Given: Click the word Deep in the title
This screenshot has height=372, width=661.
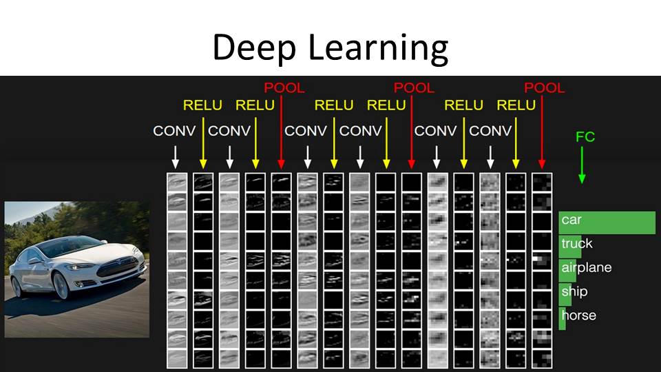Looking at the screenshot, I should [254, 48].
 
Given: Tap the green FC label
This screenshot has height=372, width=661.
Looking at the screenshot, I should [585, 137].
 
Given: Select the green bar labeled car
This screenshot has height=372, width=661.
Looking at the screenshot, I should [607, 222].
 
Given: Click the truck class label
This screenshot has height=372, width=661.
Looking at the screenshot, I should [576, 244].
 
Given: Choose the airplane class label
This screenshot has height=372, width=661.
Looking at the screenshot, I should [586, 267].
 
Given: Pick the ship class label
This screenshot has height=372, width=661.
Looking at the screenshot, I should [574, 291].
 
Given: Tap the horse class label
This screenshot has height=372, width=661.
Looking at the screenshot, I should [578, 316].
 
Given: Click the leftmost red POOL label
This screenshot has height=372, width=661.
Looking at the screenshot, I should [284, 88].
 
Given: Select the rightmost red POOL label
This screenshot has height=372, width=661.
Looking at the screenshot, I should [544, 88].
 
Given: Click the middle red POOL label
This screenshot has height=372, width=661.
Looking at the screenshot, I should [414, 88].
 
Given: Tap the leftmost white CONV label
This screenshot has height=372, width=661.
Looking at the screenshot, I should [174, 131].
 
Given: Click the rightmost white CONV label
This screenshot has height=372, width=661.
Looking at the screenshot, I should [490, 131].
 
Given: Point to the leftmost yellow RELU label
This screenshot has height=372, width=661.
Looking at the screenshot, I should [202, 105].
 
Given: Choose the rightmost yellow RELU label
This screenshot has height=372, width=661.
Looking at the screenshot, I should [516, 105].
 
